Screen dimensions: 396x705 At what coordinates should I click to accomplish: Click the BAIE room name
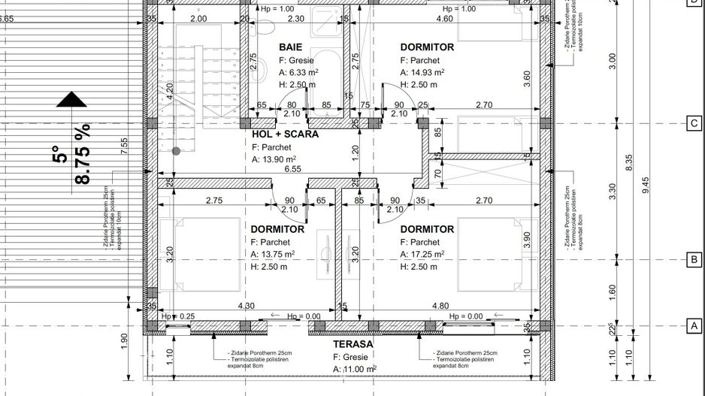click(x=291, y=47)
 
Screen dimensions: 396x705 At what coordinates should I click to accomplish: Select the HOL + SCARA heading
click(x=285, y=134)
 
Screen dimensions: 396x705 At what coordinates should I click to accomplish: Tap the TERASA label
click(x=354, y=343)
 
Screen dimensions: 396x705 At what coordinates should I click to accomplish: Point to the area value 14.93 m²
click(x=428, y=73)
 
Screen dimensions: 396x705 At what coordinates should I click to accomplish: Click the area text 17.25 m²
click(x=428, y=255)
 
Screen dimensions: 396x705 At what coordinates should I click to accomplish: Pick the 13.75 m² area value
click(x=278, y=255)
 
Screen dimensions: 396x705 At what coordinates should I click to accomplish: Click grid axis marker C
click(x=694, y=124)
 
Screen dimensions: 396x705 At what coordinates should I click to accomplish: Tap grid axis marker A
click(x=694, y=325)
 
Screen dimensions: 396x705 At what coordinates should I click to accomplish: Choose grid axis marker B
click(x=694, y=260)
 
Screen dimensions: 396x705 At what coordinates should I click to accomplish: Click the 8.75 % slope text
click(x=82, y=155)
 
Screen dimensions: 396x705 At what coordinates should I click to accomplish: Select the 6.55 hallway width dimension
click(x=292, y=170)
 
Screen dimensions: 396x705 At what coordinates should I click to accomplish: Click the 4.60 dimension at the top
click(x=444, y=19)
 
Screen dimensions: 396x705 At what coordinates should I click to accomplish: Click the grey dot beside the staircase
click(x=176, y=151)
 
